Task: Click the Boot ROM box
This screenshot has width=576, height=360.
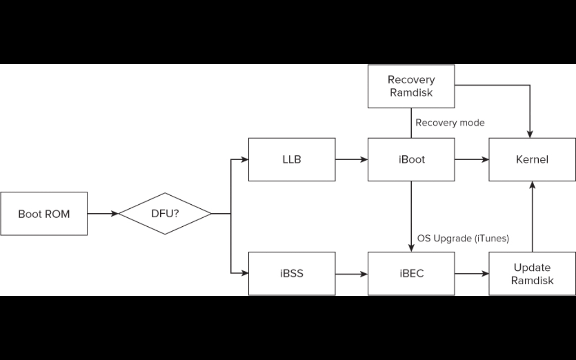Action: [44, 214]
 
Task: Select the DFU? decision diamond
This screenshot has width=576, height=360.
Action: [165, 214]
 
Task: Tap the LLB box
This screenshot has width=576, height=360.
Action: [292, 160]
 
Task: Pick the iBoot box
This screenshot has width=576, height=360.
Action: [411, 160]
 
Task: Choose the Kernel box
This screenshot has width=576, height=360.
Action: [532, 160]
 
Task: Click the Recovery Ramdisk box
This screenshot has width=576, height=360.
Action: [411, 86]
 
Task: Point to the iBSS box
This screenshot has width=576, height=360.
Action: [292, 274]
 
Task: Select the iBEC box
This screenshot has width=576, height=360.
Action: [411, 274]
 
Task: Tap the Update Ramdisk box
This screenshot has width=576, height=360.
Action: [532, 274]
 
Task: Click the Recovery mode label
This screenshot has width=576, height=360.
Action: [450, 123]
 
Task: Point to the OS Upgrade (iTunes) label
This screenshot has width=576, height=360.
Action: [463, 238]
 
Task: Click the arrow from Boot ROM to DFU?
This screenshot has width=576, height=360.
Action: [103, 214]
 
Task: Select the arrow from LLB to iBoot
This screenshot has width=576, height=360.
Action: [351, 159]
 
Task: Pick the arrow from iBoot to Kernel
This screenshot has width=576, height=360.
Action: [472, 159]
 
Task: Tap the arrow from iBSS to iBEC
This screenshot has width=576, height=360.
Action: [351, 274]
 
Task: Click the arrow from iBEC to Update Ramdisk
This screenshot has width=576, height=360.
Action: [472, 274]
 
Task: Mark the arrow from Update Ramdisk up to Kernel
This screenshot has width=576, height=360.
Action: [532, 216]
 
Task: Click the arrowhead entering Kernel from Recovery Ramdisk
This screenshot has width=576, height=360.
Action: [530, 134]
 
